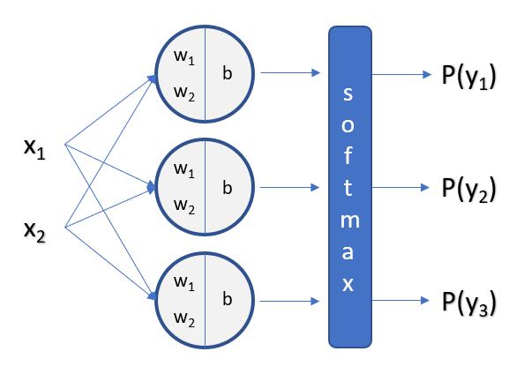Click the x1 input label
(x=34, y=149)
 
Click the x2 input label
(x=34, y=232)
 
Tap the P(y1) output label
(x=468, y=77)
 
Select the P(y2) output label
(x=468, y=190)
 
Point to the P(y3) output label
(x=468, y=303)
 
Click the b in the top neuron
(x=228, y=72)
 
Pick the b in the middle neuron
(x=228, y=187)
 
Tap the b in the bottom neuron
(x=228, y=298)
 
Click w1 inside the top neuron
(x=184, y=56)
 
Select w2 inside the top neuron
(x=184, y=93)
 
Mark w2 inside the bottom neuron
(x=184, y=319)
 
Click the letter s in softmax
(x=348, y=93)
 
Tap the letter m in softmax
(x=350, y=221)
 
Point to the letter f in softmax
(x=348, y=155)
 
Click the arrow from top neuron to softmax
(x=290, y=72)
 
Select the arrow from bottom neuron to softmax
(x=289, y=301)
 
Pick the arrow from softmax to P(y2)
(x=400, y=188)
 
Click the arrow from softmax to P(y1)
(x=401, y=74)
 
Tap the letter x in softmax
(x=348, y=284)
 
